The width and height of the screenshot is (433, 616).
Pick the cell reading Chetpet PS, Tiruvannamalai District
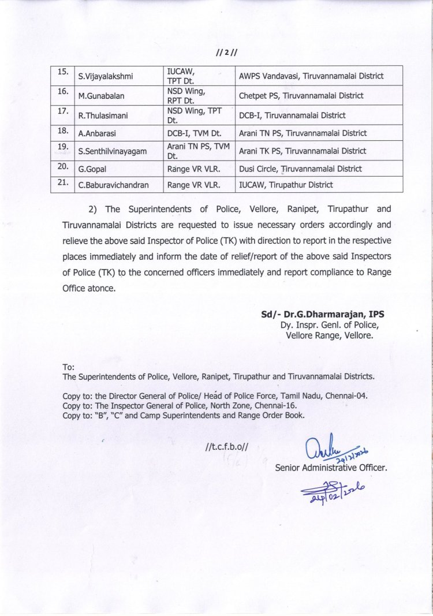click(x=301, y=95)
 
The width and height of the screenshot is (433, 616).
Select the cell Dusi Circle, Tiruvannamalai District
click(x=300, y=169)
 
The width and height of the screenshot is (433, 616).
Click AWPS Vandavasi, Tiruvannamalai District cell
click(x=311, y=76)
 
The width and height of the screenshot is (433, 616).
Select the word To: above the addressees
click(x=68, y=367)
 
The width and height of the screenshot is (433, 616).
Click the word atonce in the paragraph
click(x=101, y=287)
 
